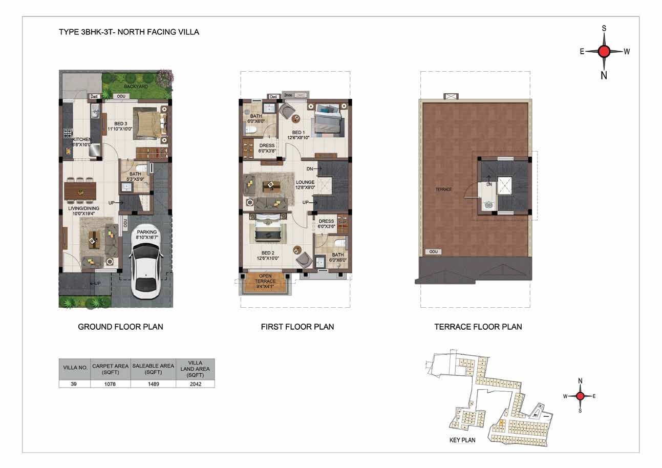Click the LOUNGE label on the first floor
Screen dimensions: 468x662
(305, 182)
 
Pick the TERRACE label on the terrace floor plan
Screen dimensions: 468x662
(443, 189)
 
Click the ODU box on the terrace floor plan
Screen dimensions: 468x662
(433, 252)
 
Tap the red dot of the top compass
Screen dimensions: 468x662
(604, 51)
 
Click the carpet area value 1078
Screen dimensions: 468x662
(110, 384)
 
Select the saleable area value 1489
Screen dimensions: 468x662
(153, 384)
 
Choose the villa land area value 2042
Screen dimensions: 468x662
(195, 384)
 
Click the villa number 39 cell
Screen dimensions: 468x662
(75, 384)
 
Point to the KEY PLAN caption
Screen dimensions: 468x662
(462, 440)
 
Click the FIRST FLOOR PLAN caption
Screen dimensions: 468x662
(297, 327)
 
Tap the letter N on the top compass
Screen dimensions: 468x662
(604, 75)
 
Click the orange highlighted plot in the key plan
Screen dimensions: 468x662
(501, 422)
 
